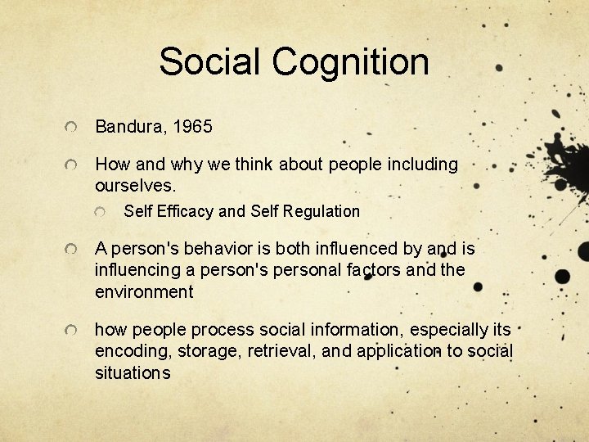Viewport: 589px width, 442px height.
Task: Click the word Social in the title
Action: [212, 61]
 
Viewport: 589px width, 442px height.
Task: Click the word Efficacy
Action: [186, 211]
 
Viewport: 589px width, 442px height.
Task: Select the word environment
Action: [144, 291]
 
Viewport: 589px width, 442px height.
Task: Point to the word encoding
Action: [130, 351]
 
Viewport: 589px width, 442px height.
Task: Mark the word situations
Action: [133, 373]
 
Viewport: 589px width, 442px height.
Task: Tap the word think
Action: [255, 165]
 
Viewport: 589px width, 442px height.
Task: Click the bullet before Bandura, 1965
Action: [74, 129]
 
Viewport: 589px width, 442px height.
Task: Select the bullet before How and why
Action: [74, 166]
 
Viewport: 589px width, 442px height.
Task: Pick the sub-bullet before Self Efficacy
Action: [101, 213]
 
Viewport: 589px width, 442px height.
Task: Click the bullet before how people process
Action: [74, 331]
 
